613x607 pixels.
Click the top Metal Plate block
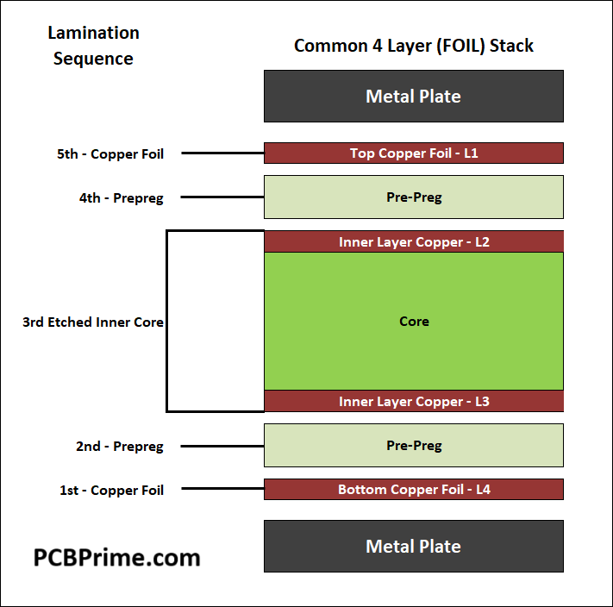(x=414, y=96)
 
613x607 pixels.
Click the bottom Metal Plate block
(x=414, y=546)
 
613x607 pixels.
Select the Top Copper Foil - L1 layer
(x=414, y=153)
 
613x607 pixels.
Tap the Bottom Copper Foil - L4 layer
(x=414, y=490)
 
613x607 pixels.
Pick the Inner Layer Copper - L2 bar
(x=414, y=242)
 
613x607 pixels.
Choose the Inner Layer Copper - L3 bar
(x=414, y=402)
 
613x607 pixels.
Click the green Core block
(x=414, y=321)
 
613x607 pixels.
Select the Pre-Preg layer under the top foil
(x=414, y=197)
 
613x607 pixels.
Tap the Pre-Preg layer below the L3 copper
(x=414, y=446)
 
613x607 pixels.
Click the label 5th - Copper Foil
(x=110, y=153)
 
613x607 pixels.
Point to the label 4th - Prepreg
(x=121, y=197)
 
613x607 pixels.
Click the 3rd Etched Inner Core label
(x=93, y=322)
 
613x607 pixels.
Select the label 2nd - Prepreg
(x=119, y=447)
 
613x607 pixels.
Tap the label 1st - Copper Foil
(x=111, y=490)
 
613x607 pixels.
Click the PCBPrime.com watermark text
(x=116, y=557)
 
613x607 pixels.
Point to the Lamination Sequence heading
(x=93, y=46)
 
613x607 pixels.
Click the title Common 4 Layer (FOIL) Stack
(x=414, y=46)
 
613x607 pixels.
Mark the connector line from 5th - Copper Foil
(x=222, y=153)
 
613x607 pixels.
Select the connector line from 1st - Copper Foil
(x=222, y=490)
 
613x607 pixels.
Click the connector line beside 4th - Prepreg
(x=222, y=197)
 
